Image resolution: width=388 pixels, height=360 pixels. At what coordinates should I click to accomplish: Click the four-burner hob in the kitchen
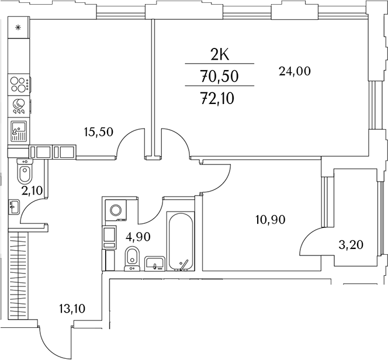coord(19,85)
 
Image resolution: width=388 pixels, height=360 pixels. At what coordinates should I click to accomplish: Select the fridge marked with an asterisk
coord(18,27)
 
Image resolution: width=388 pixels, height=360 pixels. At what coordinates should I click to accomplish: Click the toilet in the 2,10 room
coord(25,174)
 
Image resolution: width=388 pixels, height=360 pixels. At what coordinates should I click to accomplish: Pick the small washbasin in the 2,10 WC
coord(15,206)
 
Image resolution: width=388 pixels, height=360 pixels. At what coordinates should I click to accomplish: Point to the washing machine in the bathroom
coord(114,210)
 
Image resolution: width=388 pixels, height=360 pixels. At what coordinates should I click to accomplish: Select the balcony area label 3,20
coord(351,245)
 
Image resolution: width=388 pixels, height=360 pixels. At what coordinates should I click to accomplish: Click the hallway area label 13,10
coord(72,309)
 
